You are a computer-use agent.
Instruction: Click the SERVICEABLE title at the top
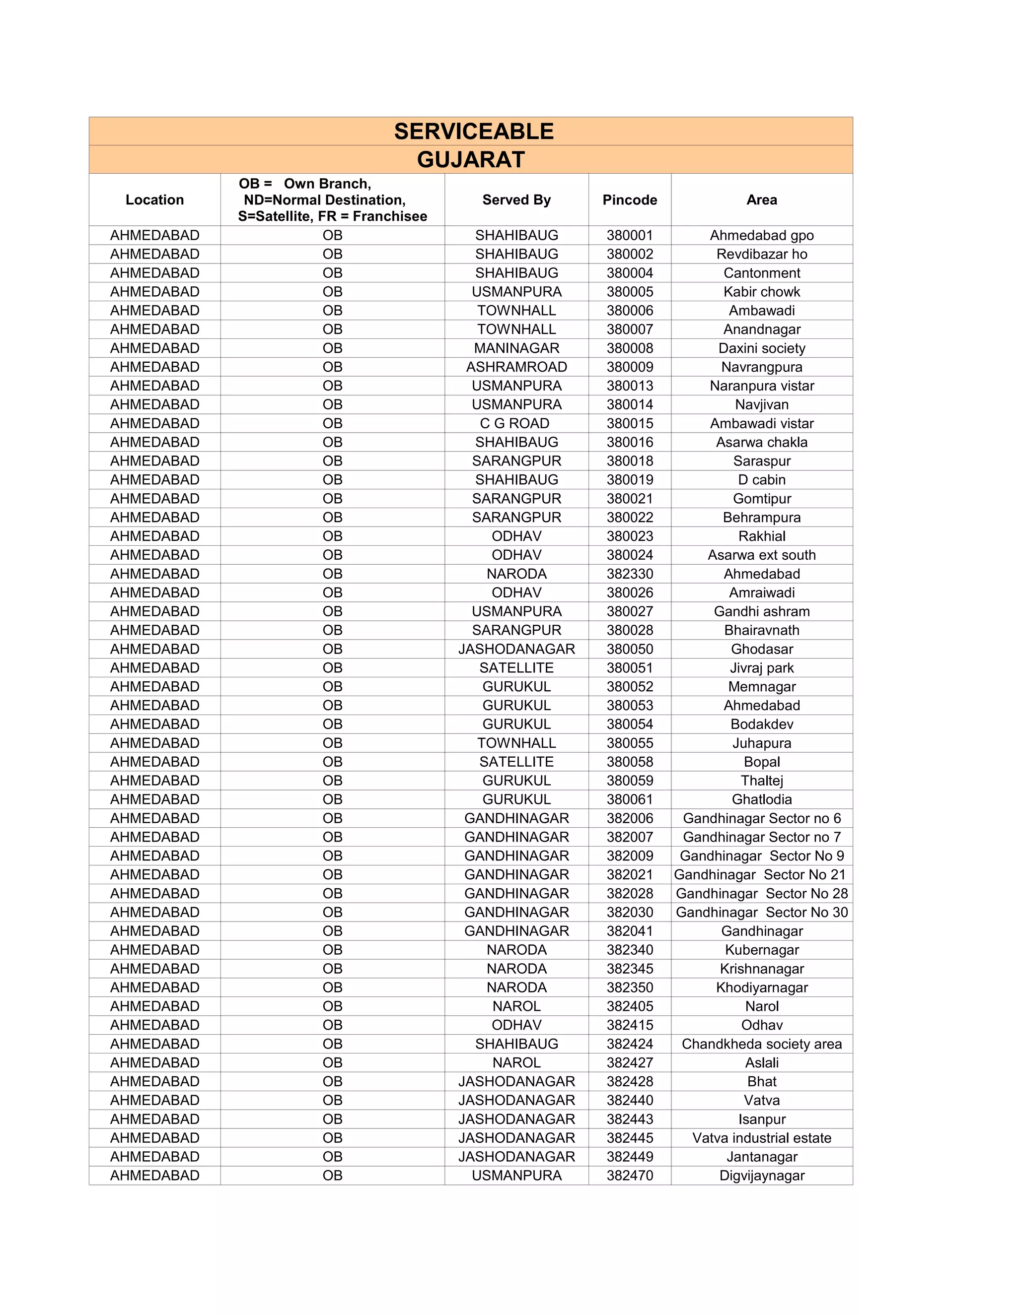click(474, 131)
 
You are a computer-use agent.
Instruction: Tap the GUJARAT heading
click(471, 160)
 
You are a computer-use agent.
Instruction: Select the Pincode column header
click(630, 200)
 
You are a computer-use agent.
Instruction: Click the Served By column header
click(516, 200)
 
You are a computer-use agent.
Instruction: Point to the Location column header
click(155, 200)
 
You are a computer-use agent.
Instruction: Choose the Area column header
click(762, 200)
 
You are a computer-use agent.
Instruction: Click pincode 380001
click(630, 235)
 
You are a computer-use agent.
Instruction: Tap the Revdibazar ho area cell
click(762, 254)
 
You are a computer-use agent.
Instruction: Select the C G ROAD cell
click(516, 423)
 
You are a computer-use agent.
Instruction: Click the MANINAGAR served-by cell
click(516, 348)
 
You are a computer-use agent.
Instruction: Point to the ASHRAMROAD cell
click(516, 367)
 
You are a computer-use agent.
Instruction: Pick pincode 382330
click(630, 574)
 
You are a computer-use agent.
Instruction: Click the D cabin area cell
click(762, 480)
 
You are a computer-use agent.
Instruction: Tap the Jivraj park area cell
click(762, 668)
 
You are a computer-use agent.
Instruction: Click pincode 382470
click(630, 1175)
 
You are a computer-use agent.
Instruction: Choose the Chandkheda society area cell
click(762, 1044)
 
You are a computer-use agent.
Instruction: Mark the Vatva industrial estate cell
click(762, 1138)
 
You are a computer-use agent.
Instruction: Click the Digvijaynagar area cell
click(762, 1175)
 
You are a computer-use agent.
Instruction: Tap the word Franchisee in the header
click(390, 216)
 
